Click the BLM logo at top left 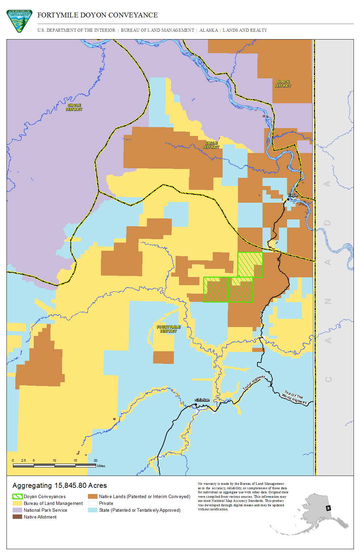[19, 21]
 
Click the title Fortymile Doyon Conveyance [97, 15]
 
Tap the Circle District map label [74, 107]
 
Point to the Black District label [283, 84]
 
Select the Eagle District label [211, 145]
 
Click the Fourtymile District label [168, 329]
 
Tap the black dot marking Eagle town [288, 199]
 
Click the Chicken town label [202, 400]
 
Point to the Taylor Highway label [254, 383]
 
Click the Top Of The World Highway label [294, 397]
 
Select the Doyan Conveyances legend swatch [17, 496]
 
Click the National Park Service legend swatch [17, 510]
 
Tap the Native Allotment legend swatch [17, 517]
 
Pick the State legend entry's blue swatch [93, 510]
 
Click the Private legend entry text [106, 503]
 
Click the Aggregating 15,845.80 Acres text [60, 485]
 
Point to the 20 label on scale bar [95, 460]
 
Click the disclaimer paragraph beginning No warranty [243, 496]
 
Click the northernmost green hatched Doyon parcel [250, 264]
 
